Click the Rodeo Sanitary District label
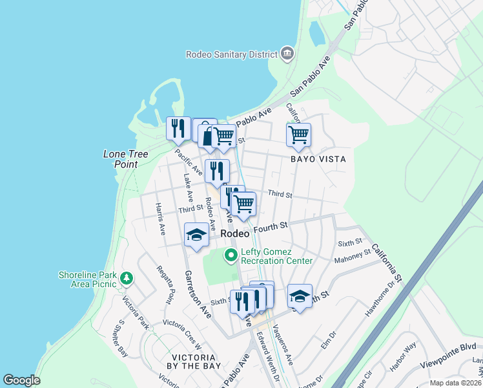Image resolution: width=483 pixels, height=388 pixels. (x=231, y=54)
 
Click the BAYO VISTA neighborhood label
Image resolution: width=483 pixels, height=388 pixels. (x=318, y=159)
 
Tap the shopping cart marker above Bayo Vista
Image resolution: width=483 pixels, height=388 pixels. (x=298, y=135)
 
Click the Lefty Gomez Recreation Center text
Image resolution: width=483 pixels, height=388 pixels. (x=276, y=256)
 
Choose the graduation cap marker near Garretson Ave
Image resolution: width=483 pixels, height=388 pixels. (x=196, y=235)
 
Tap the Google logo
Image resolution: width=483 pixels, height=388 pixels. (x=21, y=380)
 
